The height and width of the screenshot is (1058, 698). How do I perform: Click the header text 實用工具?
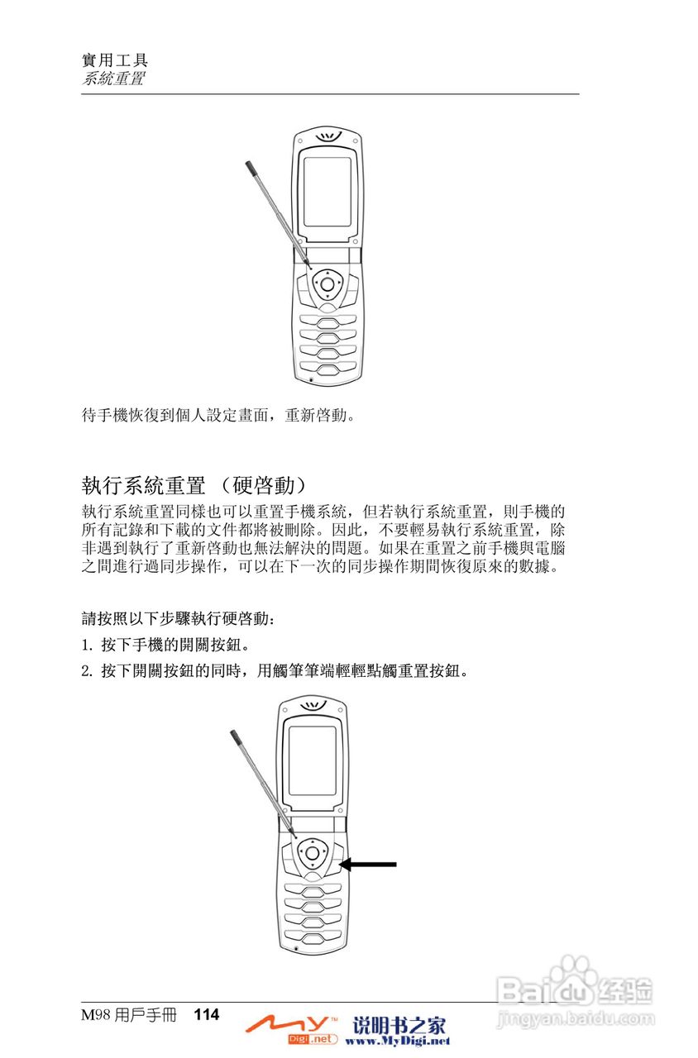[x=115, y=60]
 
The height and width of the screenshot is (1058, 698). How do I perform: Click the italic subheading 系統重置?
[x=113, y=79]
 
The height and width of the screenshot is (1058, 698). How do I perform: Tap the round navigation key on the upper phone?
[x=327, y=285]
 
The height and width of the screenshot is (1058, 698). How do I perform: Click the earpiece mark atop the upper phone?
[x=328, y=137]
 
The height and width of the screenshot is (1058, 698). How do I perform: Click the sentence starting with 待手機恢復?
[x=219, y=414]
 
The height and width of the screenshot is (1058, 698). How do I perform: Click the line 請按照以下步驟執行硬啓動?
[x=176, y=617]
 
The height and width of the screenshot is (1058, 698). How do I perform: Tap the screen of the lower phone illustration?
[x=312, y=761]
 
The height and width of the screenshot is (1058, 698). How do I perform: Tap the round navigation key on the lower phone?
[x=311, y=852]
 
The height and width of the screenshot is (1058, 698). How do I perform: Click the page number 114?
[x=207, y=1014]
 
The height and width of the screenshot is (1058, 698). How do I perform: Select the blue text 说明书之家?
[x=399, y=1026]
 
